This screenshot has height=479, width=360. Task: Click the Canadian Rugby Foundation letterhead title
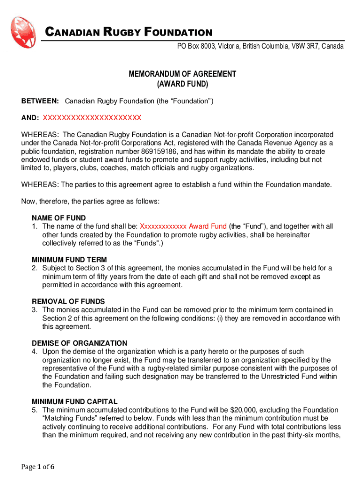tap(128, 32)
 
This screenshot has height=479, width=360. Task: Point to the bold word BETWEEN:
tap(40, 101)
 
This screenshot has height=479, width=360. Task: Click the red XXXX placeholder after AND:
tap(92, 117)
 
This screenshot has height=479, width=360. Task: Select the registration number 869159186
tap(160, 152)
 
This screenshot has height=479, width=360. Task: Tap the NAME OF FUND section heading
tap(58, 218)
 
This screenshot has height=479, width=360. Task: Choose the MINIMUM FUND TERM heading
tap(69, 260)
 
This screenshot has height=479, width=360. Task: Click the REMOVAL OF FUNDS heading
tap(68, 301)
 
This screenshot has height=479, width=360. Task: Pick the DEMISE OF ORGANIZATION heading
tap(79, 343)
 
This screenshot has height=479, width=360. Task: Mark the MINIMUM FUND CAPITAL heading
tap(74, 401)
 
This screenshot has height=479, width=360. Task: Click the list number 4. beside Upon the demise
tap(35, 351)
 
